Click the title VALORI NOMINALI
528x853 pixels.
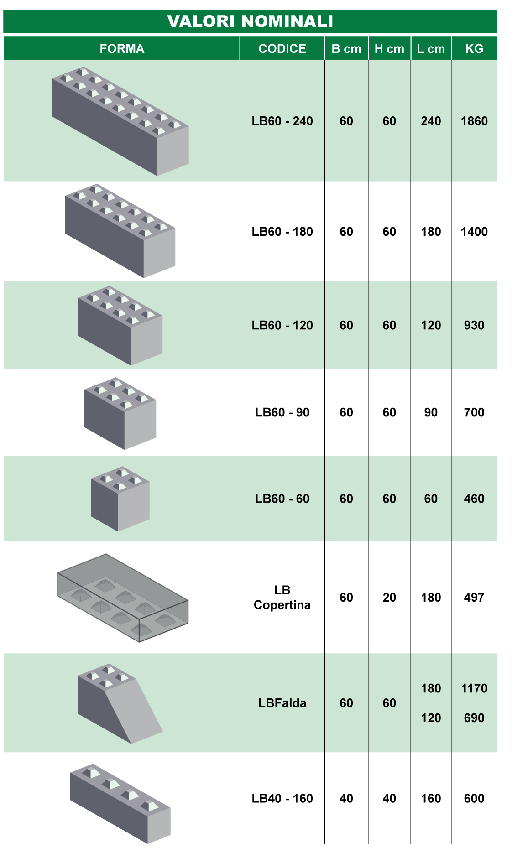click(x=250, y=21)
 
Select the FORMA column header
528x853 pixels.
click(x=122, y=49)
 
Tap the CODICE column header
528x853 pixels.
click(x=282, y=49)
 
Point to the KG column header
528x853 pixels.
click(x=474, y=49)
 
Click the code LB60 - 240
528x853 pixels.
click(x=282, y=121)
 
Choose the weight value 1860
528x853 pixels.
click(x=474, y=121)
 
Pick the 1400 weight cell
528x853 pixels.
click(x=474, y=232)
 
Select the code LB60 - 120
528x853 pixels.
click(x=282, y=325)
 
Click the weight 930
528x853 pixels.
click(x=474, y=325)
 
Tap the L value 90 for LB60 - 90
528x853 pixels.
click(x=431, y=412)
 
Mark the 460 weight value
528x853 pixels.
click(x=474, y=499)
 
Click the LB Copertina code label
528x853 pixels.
click(x=282, y=598)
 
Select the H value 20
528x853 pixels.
click(x=389, y=598)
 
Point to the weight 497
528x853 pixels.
click(x=474, y=598)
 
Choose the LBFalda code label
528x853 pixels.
click(x=282, y=703)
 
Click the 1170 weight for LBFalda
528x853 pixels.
click(x=474, y=688)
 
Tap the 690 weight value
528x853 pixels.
click(x=474, y=718)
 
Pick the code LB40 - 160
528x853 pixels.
click(x=282, y=798)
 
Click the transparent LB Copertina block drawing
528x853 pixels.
click(x=122, y=598)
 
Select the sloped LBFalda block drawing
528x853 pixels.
click(x=120, y=704)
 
